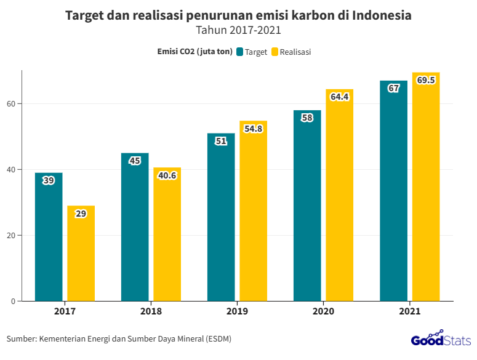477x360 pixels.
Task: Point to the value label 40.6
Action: [x=167, y=175]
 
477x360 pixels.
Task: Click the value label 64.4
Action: [x=340, y=97]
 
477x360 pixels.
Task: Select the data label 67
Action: [x=394, y=88]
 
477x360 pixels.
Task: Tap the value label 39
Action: [x=49, y=180]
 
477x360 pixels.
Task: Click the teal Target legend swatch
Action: [x=239, y=52]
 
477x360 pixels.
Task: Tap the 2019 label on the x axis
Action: [x=237, y=311]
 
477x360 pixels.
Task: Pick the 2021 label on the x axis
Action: [x=409, y=311]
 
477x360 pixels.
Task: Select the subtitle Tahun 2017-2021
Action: [x=238, y=30]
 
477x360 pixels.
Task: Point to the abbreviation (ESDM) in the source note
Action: [x=219, y=338]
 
